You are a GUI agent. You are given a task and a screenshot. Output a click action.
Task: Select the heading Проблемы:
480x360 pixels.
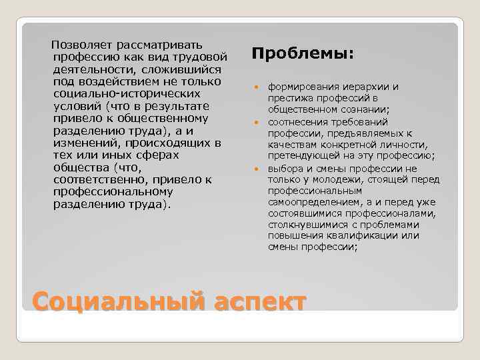coord(303,53)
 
